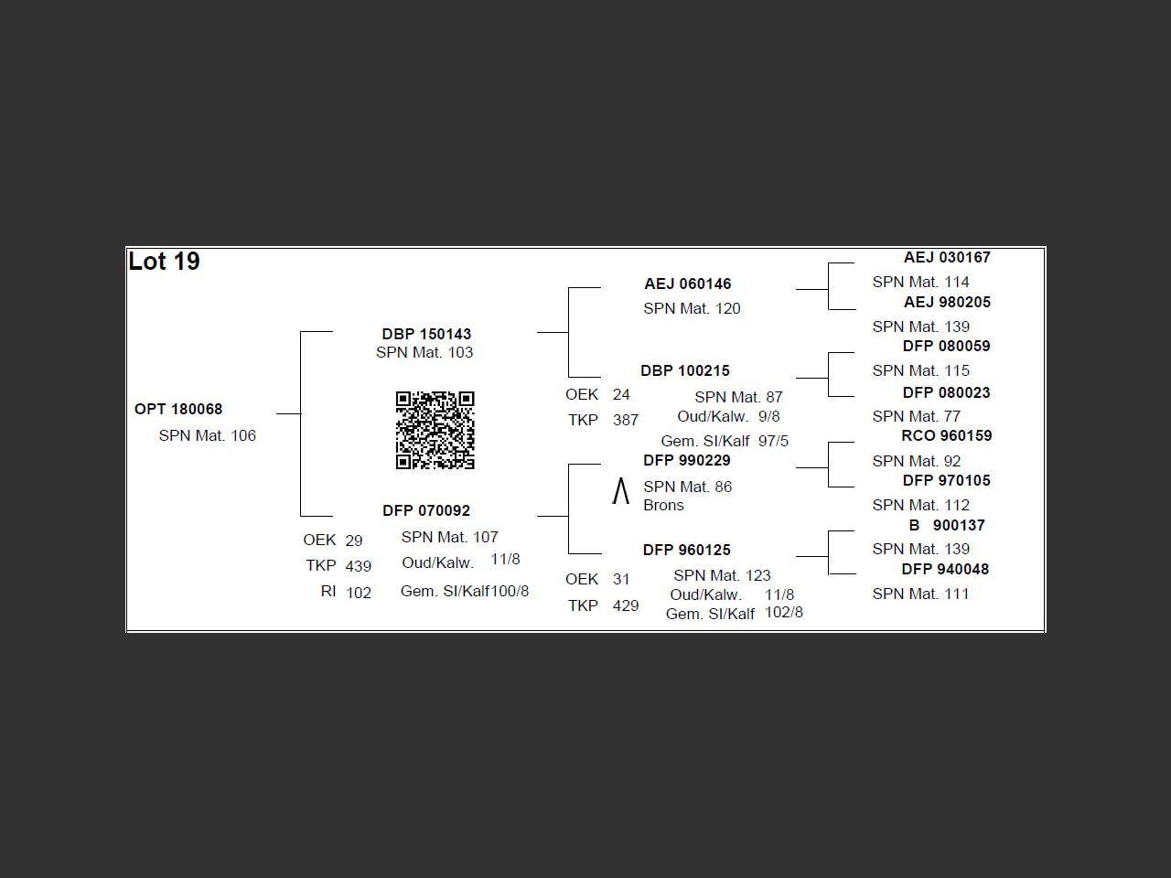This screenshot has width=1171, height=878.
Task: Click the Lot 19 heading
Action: click(x=164, y=262)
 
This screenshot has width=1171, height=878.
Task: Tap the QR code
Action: click(x=435, y=430)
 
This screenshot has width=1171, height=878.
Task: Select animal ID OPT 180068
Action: click(x=178, y=409)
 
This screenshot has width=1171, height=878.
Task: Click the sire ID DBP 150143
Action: click(x=427, y=334)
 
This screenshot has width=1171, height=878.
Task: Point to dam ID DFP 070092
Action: click(x=426, y=510)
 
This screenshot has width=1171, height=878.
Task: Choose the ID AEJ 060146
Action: click(x=688, y=284)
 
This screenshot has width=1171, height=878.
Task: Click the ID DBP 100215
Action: click(x=685, y=370)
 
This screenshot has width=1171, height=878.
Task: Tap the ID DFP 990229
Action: click(x=687, y=460)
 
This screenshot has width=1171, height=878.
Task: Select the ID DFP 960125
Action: click(x=687, y=550)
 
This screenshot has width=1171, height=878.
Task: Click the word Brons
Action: click(x=663, y=505)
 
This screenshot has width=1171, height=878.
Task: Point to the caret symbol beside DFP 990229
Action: click(x=620, y=491)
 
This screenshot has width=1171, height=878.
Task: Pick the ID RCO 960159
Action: click(x=946, y=435)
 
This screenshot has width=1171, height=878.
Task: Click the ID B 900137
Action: click(x=947, y=525)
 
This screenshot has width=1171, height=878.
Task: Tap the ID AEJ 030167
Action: click(x=947, y=258)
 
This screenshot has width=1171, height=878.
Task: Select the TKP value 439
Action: click(x=358, y=565)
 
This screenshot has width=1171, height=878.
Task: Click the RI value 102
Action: click(x=358, y=593)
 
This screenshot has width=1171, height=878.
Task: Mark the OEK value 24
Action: click(x=621, y=394)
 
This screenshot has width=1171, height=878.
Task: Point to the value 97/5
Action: click(x=773, y=441)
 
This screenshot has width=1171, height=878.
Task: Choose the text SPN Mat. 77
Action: click(x=916, y=416)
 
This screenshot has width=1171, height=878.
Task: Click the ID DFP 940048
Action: click(x=945, y=569)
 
